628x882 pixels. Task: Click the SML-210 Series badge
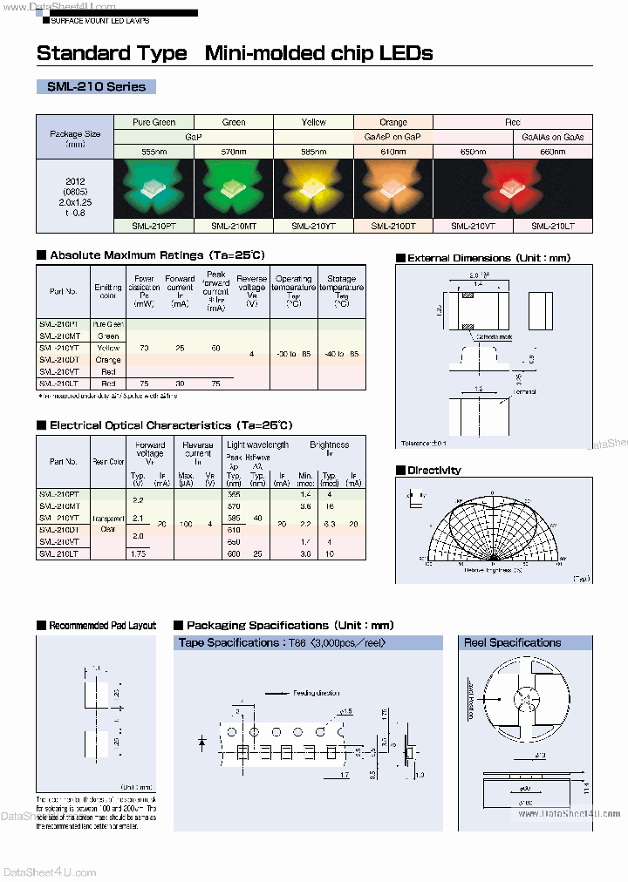click(96, 86)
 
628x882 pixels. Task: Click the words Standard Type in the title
click(112, 53)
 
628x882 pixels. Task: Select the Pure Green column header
click(154, 123)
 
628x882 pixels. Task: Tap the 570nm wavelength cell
click(234, 152)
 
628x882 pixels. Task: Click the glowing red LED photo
click(474, 189)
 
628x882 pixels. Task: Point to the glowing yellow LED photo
click(314, 189)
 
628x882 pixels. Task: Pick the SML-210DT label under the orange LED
click(392, 226)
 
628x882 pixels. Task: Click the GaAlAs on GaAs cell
click(552, 138)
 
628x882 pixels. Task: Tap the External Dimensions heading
click(488, 258)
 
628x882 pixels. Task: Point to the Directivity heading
click(433, 470)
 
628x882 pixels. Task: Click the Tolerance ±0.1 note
click(424, 444)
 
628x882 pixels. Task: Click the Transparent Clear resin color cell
click(109, 523)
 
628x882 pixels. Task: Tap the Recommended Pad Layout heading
click(102, 625)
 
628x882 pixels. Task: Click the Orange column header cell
click(393, 123)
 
